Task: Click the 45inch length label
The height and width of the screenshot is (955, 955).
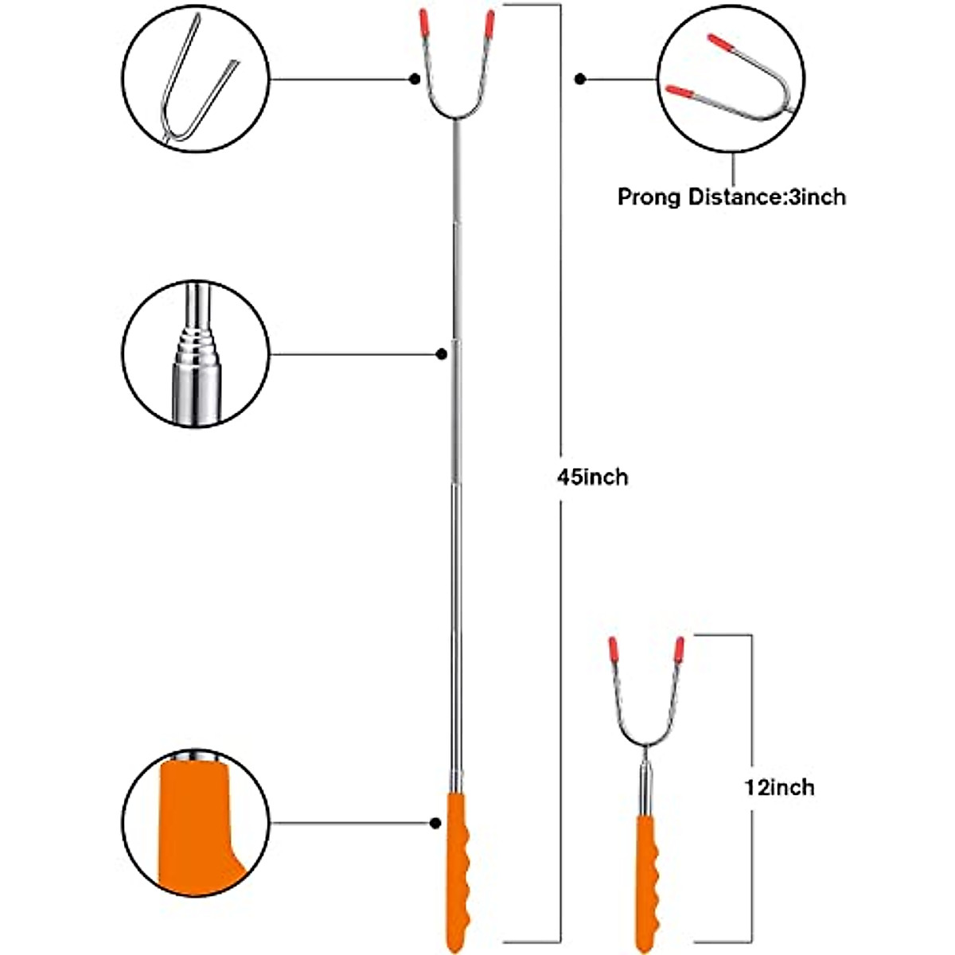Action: (592, 477)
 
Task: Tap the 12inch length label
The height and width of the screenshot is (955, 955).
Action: (779, 787)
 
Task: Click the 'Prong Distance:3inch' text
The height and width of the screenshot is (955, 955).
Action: (731, 196)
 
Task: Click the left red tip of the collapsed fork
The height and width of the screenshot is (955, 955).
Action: (614, 649)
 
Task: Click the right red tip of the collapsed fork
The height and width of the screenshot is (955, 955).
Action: (680, 649)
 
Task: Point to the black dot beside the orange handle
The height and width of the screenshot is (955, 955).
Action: (435, 822)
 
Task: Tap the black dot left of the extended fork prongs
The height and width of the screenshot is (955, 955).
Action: (415, 79)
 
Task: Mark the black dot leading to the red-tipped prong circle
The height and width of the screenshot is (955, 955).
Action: (580, 79)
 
